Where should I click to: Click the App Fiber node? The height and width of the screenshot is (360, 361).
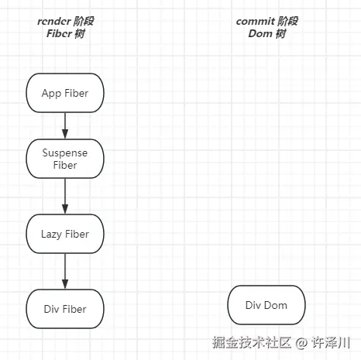65,93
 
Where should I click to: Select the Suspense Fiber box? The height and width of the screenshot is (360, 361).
65,159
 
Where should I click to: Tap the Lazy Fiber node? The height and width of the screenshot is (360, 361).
65,234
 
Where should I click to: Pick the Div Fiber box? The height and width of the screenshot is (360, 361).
65,309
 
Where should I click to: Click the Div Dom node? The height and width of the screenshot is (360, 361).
266,305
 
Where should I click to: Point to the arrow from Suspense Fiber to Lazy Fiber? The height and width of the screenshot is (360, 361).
65,197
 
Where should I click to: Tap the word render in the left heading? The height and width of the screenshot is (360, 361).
53,21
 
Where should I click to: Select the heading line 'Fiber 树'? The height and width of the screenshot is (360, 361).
65,34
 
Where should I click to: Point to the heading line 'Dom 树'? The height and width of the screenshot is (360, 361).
266,33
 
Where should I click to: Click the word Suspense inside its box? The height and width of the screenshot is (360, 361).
65,153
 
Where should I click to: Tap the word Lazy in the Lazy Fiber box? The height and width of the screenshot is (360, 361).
53,234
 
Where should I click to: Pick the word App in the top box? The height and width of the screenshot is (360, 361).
52,93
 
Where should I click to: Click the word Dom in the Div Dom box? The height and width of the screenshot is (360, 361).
276,305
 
